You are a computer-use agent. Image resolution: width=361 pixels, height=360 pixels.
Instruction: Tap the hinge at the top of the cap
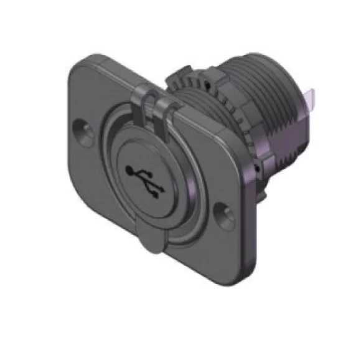point(154,105)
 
